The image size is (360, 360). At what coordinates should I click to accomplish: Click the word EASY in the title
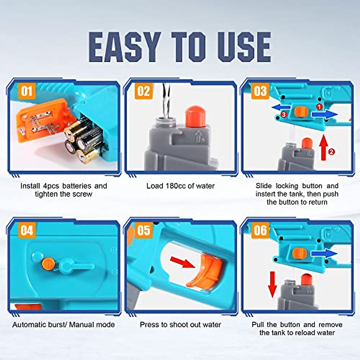pyautogui.click(x=124, y=47)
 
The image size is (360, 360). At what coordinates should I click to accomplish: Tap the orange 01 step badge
pyautogui.click(x=27, y=91)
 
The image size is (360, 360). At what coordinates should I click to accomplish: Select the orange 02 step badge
pyautogui.click(x=143, y=91)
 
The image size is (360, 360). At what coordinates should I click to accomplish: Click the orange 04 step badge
pyautogui.click(x=27, y=230)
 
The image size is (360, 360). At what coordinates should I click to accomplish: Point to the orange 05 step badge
pyautogui.click(x=143, y=230)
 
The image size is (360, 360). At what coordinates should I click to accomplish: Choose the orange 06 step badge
pyautogui.click(x=260, y=230)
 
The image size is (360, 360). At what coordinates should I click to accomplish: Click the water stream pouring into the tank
pyautogui.click(x=166, y=99)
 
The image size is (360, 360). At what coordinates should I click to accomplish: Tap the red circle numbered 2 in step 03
pyautogui.click(x=331, y=152)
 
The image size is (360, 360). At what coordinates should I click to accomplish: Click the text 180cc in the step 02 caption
pyautogui.click(x=175, y=186)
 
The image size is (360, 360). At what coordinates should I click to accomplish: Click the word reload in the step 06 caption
pyautogui.click(x=309, y=333)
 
